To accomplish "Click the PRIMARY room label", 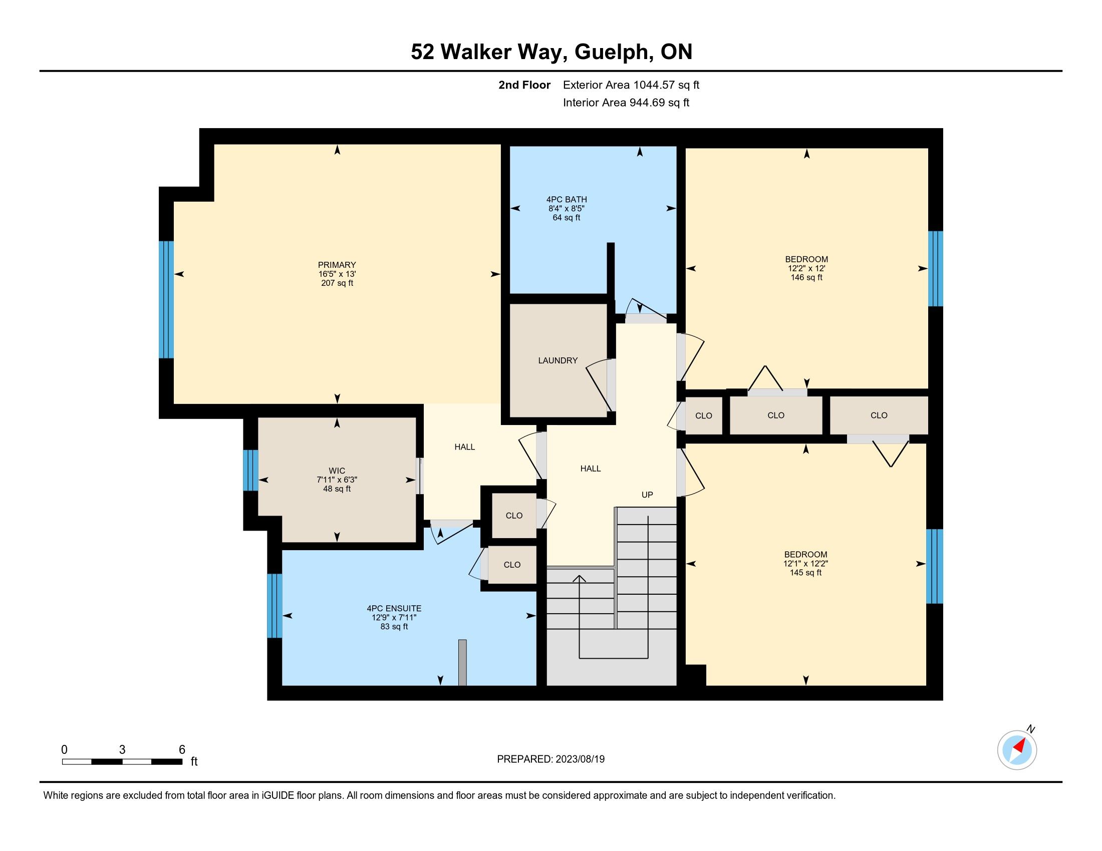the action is coord(337,265).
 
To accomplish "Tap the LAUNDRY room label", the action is coord(558,360).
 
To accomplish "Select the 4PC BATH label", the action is coord(566,200).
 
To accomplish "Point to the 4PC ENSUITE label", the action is coord(394,609).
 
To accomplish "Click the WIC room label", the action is coord(337,471).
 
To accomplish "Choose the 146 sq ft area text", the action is coord(807,277).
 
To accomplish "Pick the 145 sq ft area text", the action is coord(806,573).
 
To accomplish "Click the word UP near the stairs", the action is coord(647,495).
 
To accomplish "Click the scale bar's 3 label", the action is coord(122,749).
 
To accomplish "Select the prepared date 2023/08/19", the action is coord(580,759).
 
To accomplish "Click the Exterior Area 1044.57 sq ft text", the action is coord(631,85).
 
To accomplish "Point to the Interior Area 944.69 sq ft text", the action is coord(626,102).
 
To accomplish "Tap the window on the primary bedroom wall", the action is coord(166,299).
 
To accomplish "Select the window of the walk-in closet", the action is coord(251,471).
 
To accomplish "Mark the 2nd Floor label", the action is coord(524,85).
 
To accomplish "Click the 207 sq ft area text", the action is coord(337,283).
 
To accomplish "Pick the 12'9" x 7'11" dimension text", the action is coord(394,618).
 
